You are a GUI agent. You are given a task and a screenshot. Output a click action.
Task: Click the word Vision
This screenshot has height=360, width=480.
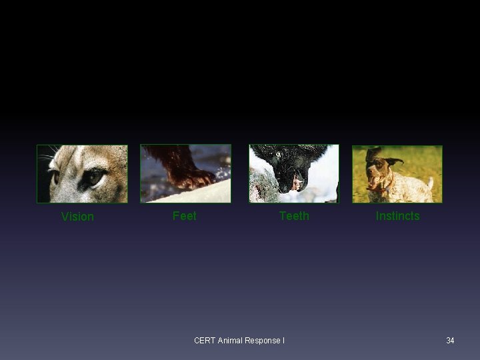(x=77, y=217)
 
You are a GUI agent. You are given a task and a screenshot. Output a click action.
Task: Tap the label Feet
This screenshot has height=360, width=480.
(x=184, y=216)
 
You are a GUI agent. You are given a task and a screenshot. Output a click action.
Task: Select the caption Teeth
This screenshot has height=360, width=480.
(x=294, y=216)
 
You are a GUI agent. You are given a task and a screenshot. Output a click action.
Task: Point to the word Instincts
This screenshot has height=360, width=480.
(x=397, y=216)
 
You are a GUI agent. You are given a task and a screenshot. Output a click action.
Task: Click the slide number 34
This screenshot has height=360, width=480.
(x=450, y=341)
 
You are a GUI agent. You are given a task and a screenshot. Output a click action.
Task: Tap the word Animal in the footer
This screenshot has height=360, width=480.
(x=230, y=341)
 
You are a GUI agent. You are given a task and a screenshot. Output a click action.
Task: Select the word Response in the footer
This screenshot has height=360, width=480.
(x=263, y=341)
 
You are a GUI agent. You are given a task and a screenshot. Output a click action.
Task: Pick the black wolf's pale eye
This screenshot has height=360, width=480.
(x=279, y=155)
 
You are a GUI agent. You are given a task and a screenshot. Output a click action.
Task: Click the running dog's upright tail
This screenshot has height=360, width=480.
(x=431, y=182)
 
